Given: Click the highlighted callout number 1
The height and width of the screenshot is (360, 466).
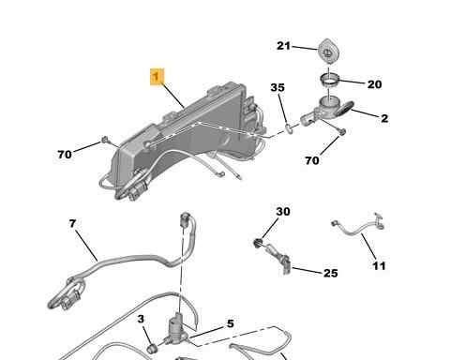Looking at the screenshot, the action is point(157,76).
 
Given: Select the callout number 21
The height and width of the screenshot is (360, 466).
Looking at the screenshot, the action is point(283,46).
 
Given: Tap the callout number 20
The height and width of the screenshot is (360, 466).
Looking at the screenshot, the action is point(374,84).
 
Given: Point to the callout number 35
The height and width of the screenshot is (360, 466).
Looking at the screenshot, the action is point(278,87).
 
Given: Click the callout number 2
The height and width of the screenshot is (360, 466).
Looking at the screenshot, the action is point(384,118).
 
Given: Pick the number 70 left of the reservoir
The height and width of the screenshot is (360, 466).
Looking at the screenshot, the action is point(65,155).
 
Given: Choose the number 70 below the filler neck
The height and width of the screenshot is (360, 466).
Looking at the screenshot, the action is point(312,160).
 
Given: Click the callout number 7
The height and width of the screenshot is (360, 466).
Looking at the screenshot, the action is point(72,223).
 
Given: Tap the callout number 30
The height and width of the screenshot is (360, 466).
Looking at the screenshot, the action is point(283,212).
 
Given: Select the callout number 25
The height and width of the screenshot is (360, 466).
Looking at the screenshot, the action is point(330,273).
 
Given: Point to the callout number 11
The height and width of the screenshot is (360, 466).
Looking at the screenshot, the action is point(379,266).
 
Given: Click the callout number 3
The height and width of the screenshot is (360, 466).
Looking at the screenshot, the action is point(141,319).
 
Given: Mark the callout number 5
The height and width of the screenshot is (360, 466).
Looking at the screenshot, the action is point(230,323).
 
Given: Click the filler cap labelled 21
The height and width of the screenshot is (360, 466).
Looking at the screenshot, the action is point(328,51).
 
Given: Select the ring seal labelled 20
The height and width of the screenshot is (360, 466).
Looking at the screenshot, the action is point(329,80).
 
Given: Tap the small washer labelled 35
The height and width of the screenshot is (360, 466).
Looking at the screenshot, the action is point(289,128).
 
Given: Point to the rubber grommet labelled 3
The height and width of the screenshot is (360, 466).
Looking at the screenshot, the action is point(152,348).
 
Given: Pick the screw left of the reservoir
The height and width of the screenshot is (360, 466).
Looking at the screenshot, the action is point(105,140).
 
